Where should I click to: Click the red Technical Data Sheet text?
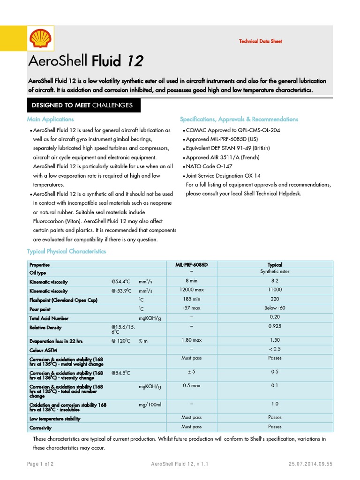point(261,41)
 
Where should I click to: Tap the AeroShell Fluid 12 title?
point(86,61)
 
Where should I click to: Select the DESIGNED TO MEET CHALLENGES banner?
point(82,105)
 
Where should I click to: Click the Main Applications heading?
point(50,120)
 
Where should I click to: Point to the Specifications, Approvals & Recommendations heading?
point(239,120)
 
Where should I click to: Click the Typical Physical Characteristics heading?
point(66,252)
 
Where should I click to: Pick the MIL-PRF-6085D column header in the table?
point(191,265)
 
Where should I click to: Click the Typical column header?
point(275,265)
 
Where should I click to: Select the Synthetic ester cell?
point(275,272)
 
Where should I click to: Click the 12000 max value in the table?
point(191,290)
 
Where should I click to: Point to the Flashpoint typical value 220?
point(275,299)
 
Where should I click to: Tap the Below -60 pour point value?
point(275,308)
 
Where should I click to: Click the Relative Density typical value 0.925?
point(275,326)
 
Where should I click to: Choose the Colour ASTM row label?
point(44,351)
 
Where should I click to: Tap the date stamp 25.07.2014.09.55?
point(310,464)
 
